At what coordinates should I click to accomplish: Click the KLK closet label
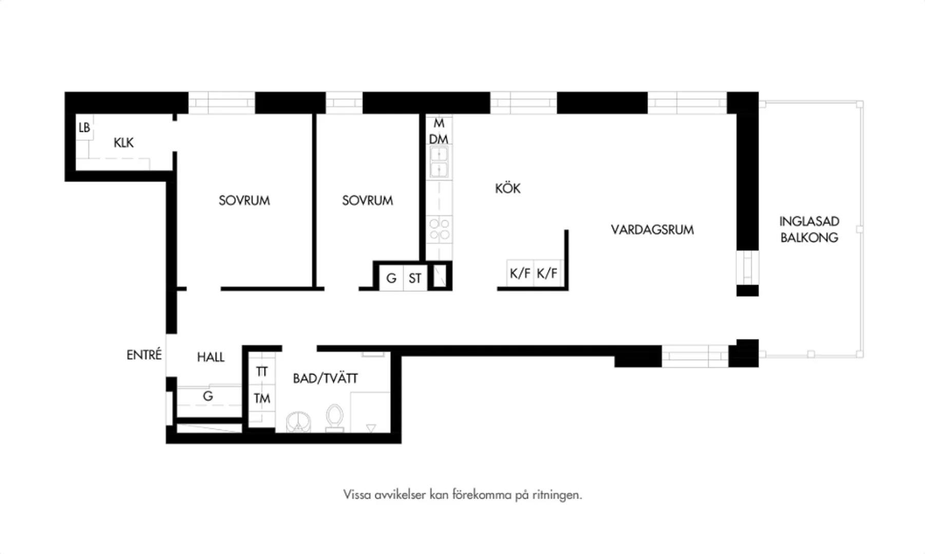pos(123,143)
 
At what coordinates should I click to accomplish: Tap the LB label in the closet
pos(84,127)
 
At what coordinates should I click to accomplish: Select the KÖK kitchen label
pos(507,188)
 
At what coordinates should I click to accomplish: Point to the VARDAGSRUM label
pos(652,229)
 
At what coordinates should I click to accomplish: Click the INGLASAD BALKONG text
pos(809,229)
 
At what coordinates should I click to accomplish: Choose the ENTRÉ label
pos(144,354)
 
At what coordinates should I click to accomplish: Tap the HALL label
pos(211,357)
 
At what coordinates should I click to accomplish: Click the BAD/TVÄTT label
pos(325,379)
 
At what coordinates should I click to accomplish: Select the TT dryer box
pos(262,371)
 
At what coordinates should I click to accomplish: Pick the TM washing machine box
pos(262,399)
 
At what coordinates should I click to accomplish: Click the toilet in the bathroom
pos(334,418)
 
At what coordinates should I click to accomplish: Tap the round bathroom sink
pos(298,422)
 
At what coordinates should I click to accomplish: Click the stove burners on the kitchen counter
pos(439,229)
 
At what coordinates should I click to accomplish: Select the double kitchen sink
pos(439,162)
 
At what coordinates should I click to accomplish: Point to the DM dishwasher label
pos(439,139)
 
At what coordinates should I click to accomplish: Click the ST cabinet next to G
pos(415,278)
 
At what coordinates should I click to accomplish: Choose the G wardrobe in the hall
pos(208,396)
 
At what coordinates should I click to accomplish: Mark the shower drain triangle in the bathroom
pos(371,429)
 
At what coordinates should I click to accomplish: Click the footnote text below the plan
pos(462,495)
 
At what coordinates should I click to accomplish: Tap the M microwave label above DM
pos(439,124)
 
